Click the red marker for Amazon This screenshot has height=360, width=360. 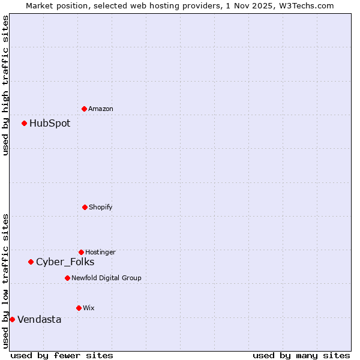(x=85, y=109)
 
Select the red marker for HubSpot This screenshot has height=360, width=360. (x=25, y=123)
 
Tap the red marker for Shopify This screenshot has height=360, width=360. (x=85, y=207)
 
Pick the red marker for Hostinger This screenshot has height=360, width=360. (x=81, y=252)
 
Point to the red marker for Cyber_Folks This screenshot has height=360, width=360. (x=31, y=262)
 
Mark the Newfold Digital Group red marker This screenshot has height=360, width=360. (x=67, y=278)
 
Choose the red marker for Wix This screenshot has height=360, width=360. (x=79, y=308)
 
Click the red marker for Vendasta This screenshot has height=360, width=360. (x=12, y=319)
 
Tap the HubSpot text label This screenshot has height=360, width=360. (x=50, y=124)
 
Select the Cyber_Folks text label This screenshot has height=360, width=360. (x=65, y=262)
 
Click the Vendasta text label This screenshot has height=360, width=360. (x=39, y=320)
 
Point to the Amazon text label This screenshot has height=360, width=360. (x=101, y=109)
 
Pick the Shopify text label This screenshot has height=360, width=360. (x=101, y=208)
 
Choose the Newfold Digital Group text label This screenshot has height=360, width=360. (x=106, y=278)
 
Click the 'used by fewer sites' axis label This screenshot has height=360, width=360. (x=62, y=355)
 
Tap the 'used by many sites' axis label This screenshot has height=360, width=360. (x=301, y=355)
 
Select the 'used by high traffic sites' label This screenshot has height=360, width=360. (x=5, y=85)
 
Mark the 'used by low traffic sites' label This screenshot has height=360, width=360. (x=5, y=280)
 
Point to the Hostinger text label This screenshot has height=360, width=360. (x=100, y=253)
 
